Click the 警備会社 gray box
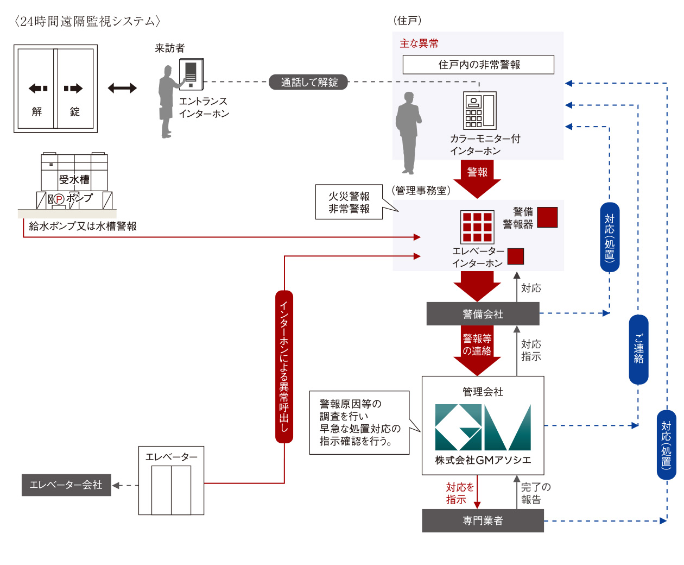[x=483, y=314]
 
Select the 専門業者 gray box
[x=483, y=520]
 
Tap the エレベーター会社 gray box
[x=66, y=485]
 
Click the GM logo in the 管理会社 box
[x=483, y=427]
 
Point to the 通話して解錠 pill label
[x=309, y=82]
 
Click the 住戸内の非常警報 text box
[x=478, y=65]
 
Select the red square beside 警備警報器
[x=547, y=217]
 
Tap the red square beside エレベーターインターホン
[x=515, y=256]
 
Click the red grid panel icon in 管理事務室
[x=477, y=227]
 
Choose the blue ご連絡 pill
[x=638, y=349]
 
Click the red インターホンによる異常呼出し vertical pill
[x=284, y=367]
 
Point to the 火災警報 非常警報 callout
[x=349, y=202]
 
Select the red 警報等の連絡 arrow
[x=477, y=349]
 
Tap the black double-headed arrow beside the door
[x=122, y=88]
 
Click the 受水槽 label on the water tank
[x=74, y=180]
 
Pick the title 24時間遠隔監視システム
[x=87, y=21]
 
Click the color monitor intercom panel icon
[x=479, y=110]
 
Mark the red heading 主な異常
[x=419, y=43]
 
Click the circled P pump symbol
[x=59, y=199]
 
